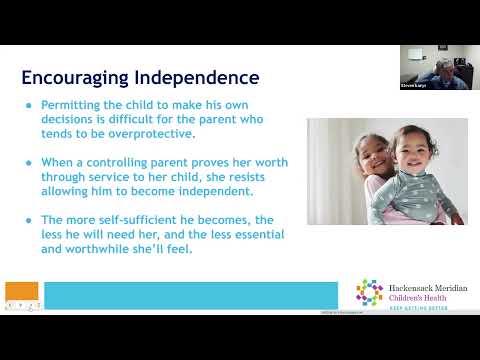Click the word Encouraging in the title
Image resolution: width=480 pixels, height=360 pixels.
click(x=71, y=77)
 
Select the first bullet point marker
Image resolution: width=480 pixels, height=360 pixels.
click(x=30, y=105)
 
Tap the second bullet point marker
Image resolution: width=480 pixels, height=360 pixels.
click(x=30, y=161)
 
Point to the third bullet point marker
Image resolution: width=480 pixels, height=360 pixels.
click(x=30, y=218)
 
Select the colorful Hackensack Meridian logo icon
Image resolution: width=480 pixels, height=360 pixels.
click(x=370, y=292)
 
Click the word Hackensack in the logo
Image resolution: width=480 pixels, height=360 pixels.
click(x=407, y=285)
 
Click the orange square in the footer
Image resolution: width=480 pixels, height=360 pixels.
click(x=22, y=294)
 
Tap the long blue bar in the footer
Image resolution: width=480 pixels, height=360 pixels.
click(x=191, y=296)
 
